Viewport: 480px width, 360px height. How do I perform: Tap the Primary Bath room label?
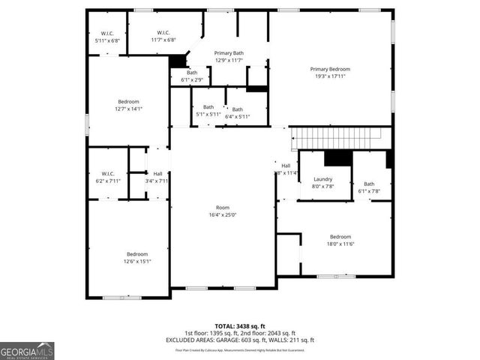[x=229, y=57]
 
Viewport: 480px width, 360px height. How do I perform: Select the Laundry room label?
[x=322, y=182]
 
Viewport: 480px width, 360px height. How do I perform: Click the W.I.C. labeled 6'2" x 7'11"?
[x=107, y=177]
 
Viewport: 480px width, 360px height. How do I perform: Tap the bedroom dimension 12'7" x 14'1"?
[x=128, y=109]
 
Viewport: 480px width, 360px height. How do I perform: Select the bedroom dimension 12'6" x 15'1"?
[x=137, y=262]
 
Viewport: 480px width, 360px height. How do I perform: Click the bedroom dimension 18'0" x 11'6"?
[x=340, y=244]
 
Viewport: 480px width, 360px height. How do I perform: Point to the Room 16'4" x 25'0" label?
[x=223, y=211]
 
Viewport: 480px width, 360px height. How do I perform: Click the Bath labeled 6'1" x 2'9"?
[x=192, y=76]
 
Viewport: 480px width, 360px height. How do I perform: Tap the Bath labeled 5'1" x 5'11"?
[x=208, y=111]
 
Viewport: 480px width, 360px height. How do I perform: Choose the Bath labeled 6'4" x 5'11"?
[x=237, y=112]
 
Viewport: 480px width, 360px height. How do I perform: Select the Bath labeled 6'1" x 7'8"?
[x=369, y=187]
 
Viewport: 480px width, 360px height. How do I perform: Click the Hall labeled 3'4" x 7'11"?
[x=157, y=177]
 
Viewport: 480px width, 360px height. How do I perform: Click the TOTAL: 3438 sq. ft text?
[x=240, y=326]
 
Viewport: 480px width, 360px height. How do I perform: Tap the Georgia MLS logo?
[x=27, y=350]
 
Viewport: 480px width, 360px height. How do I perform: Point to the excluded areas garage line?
[x=240, y=340]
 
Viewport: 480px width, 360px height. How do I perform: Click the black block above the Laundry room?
[x=337, y=158]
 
